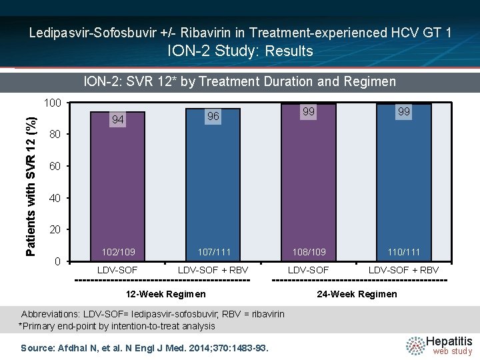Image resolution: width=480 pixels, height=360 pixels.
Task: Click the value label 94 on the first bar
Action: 118,119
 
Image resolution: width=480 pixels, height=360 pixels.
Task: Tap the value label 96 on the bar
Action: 213,116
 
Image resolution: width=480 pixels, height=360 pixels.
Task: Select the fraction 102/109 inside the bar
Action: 118,252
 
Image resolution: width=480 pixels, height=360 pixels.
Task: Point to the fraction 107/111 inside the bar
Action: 214,252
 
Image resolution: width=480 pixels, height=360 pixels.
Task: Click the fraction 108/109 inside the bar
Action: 309,252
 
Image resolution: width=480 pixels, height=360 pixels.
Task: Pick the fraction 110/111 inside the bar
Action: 404,252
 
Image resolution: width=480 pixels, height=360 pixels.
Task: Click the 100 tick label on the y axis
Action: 53,103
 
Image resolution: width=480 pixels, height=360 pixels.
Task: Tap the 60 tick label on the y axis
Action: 55,166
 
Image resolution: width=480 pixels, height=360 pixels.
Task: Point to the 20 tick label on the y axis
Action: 55,229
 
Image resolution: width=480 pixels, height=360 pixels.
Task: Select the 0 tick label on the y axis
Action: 58,261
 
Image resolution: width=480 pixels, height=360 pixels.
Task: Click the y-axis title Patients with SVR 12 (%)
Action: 31,186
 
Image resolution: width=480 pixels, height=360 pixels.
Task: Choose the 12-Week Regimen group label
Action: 166,294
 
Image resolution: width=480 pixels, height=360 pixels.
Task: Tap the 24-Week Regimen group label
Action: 357,294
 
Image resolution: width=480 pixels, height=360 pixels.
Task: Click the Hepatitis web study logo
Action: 439,345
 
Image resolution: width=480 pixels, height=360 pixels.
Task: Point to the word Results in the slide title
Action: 289,51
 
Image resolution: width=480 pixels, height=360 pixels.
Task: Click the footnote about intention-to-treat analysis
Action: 117,326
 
